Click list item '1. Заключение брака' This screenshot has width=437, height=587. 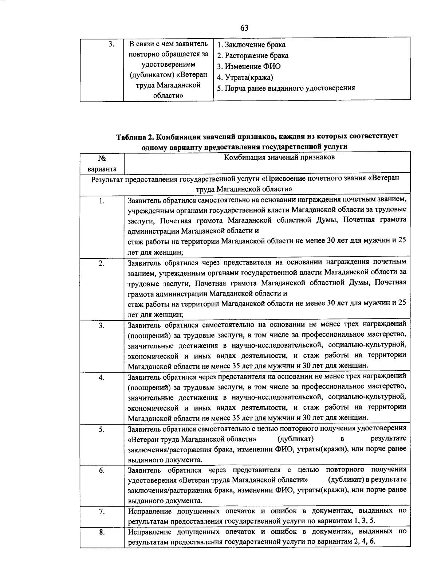click(251, 45)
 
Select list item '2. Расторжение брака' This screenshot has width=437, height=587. click(253, 56)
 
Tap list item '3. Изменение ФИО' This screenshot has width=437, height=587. click(249, 67)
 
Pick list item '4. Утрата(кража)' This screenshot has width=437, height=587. click(245, 78)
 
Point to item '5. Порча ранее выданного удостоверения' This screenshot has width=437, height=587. click(286, 88)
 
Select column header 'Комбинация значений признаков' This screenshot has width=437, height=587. click(279, 157)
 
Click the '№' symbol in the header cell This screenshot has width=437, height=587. click(102, 159)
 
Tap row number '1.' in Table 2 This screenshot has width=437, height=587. click(102, 201)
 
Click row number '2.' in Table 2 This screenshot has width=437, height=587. click(102, 263)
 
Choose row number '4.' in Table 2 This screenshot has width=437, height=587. click(102, 377)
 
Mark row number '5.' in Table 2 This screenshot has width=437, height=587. click(102, 429)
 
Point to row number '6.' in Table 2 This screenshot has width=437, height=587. click(102, 470)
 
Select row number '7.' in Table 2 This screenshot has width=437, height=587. click(102, 512)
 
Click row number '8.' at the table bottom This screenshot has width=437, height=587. click(102, 532)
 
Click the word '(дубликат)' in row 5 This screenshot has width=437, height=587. click(296, 438)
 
